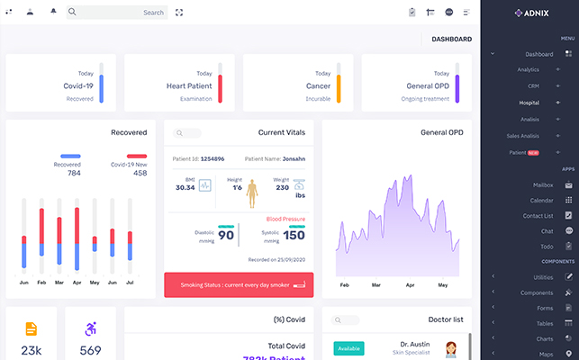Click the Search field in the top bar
[x=117, y=13]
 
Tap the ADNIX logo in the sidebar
[x=530, y=13]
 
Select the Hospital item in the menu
[x=529, y=103]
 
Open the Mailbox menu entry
[x=542, y=184]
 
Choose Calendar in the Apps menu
[x=542, y=200]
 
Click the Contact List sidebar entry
[x=538, y=216]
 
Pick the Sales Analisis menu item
[x=523, y=136]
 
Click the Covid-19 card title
[x=78, y=85]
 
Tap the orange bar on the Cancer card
[x=339, y=83]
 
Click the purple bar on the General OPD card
[x=457, y=83]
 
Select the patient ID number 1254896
[x=213, y=158]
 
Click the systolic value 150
[x=294, y=236]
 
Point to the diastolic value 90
[x=227, y=236]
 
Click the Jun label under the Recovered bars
[x=24, y=283]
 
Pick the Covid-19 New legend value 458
[x=140, y=173]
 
